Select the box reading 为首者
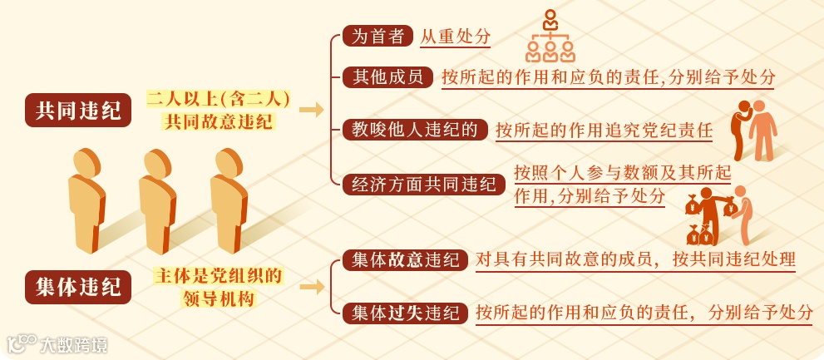pos(377,37)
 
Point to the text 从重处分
pos(455,37)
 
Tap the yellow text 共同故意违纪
pos(220,121)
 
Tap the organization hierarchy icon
pos(550,37)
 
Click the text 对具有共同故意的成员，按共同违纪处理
pos(635,259)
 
